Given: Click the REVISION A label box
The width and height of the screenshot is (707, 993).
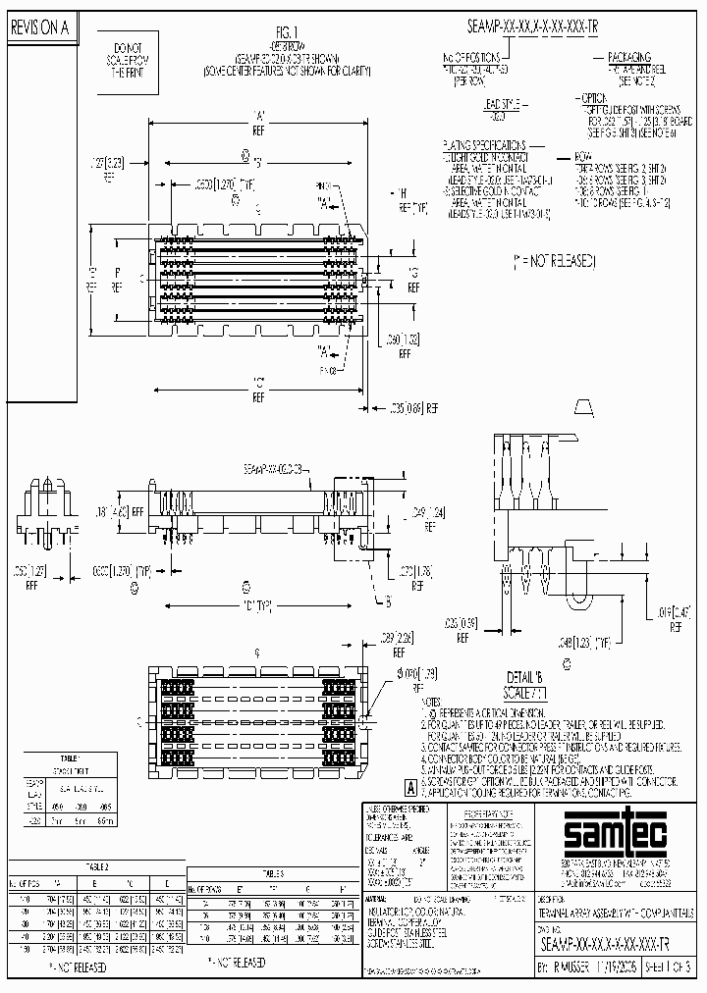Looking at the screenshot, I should pyautogui.click(x=39, y=29).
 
